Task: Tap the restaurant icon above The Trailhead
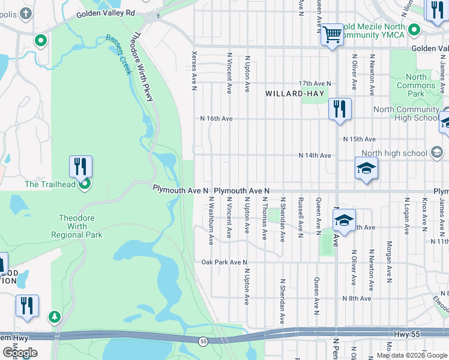[80, 166]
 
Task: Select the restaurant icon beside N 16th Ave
[340, 109]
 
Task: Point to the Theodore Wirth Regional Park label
[80, 226]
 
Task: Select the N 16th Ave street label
[216, 119]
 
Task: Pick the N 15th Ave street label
[359, 139]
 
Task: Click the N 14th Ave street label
[315, 155]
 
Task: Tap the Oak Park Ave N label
[224, 262]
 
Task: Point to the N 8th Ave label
[357, 298]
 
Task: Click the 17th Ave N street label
[315, 83]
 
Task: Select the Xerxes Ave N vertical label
[194, 70]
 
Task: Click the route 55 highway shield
[203, 341]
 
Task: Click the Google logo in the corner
[20, 353]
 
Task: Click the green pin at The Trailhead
[85, 184]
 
